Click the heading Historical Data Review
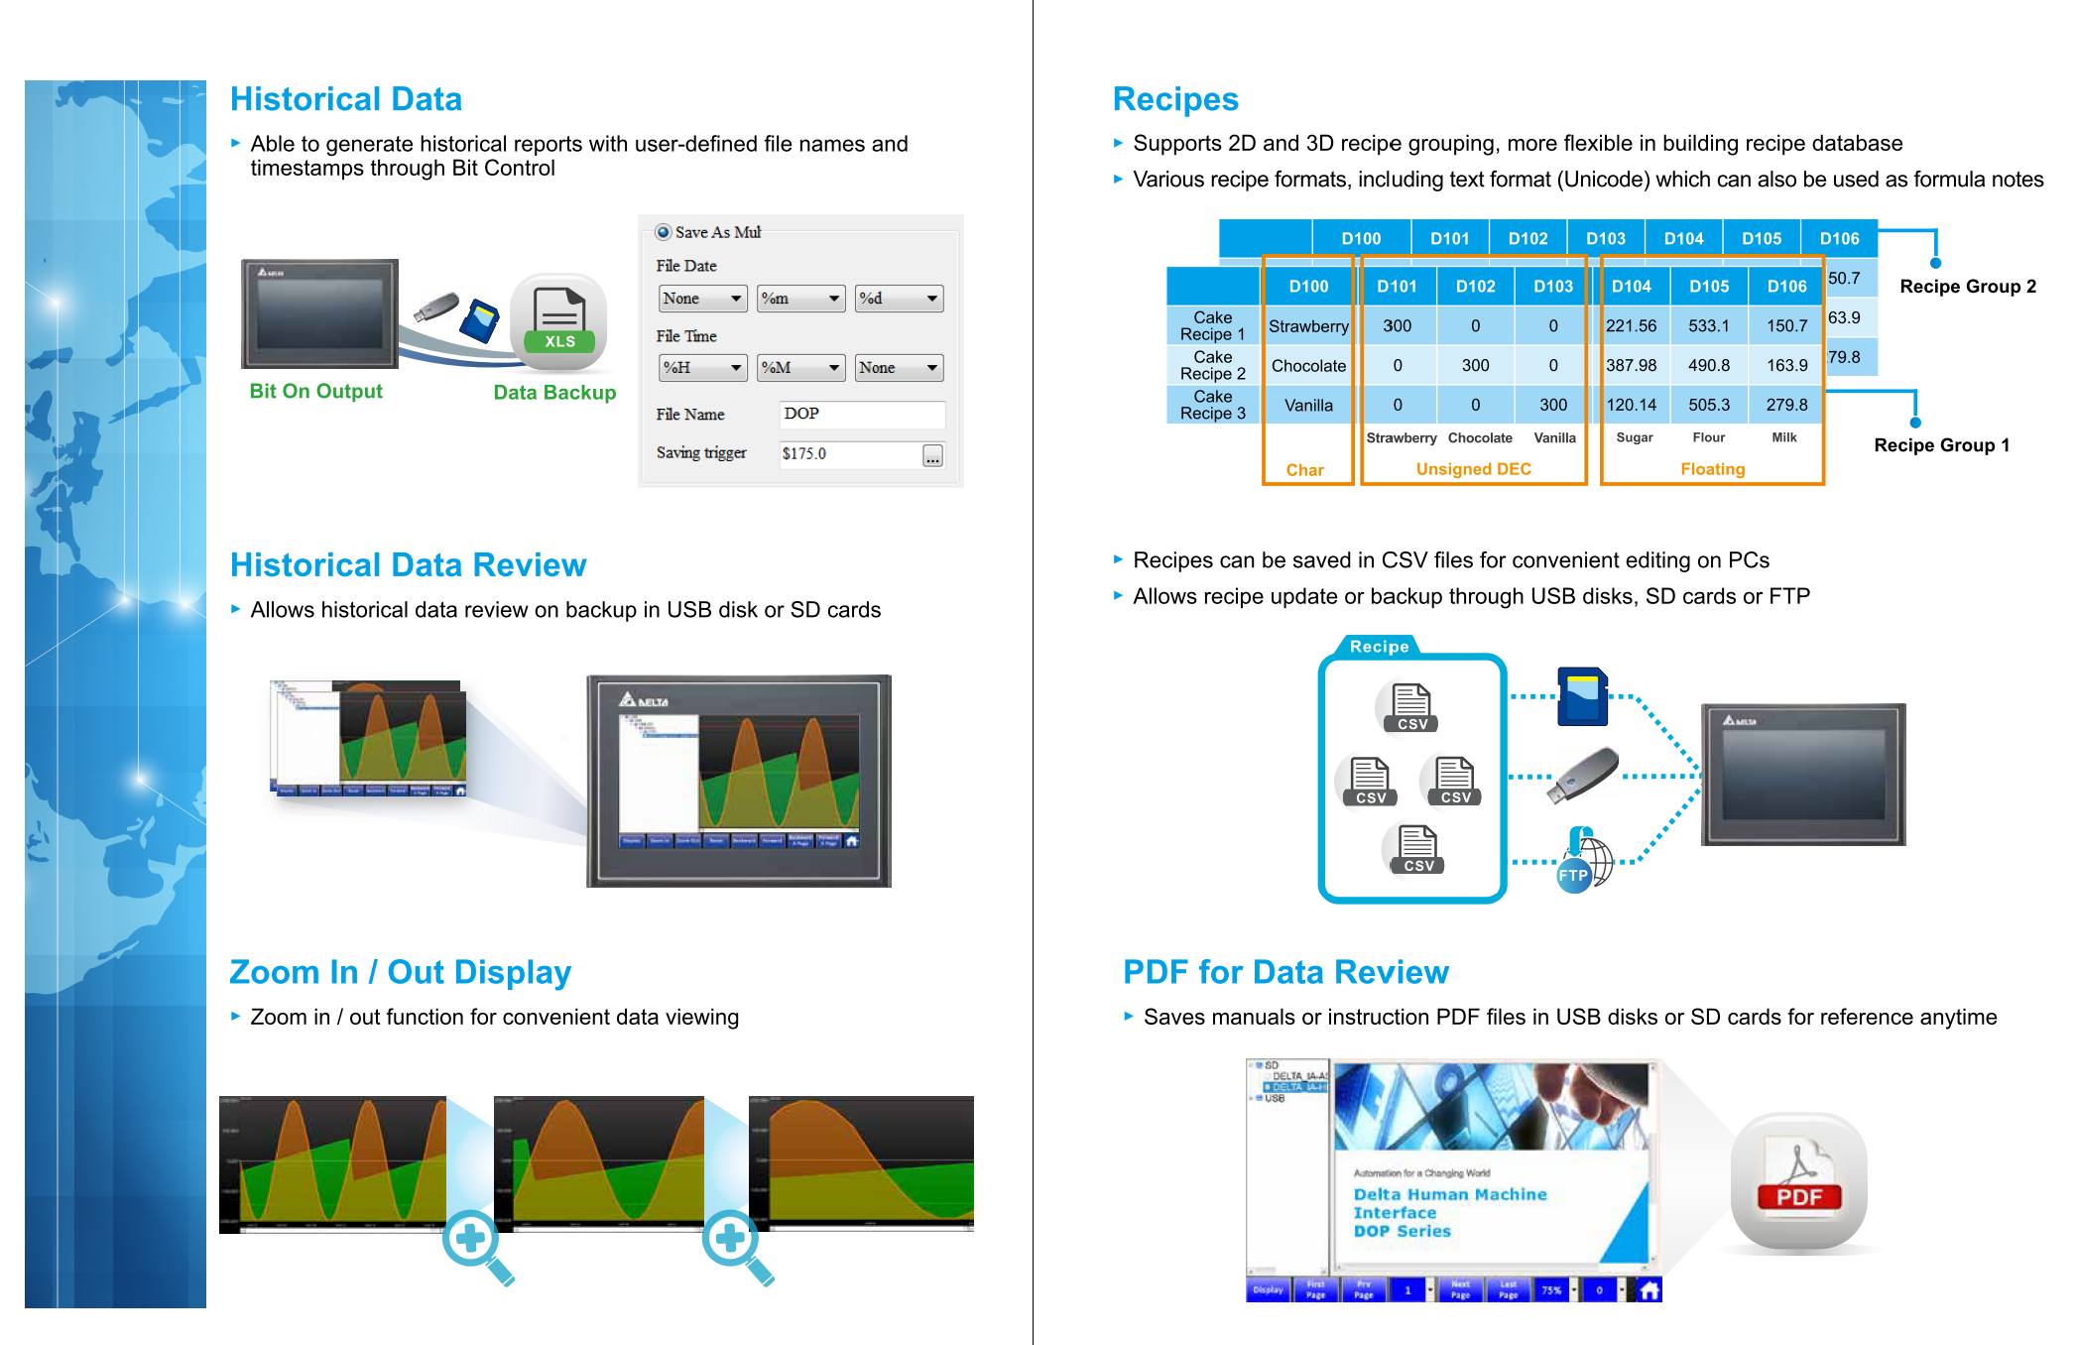click(x=408, y=564)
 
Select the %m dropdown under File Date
click(x=799, y=299)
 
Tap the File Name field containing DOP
click(x=861, y=415)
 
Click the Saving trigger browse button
click(x=932, y=455)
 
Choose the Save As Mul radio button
click(x=664, y=232)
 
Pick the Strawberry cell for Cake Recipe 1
click(x=1308, y=326)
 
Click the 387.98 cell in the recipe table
click(x=1631, y=365)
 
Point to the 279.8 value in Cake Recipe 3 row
click(x=1786, y=405)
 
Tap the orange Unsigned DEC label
click(x=1473, y=469)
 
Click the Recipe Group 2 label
click(x=1967, y=287)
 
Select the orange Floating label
click(x=1712, y=469)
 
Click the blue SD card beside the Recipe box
click(x=1582, y=697)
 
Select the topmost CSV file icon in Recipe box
click(x=1411, y=707)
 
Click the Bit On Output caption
click(x=315, y=391)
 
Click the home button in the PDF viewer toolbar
click(x=1649, y=1290)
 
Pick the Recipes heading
click(x=1175, y=99)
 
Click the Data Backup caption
click(x=554, y=392)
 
